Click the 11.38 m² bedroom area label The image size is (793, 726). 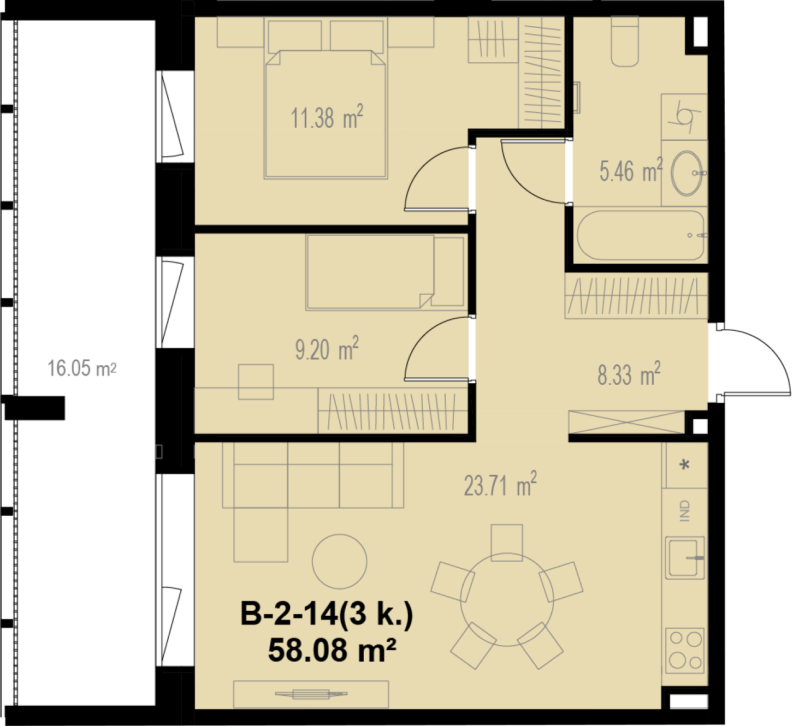(327, 117)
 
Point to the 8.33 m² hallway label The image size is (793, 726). (629, 373)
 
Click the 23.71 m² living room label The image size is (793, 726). (500, 484)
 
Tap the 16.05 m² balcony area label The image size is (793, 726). (82, 368)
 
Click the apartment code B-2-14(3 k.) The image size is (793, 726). (327, 614)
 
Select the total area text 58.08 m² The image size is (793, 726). (332, 651)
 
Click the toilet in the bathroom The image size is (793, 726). (625, 41)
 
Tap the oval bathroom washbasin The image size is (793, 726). (687, 173)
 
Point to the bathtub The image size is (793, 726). (641, 235)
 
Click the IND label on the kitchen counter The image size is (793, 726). (685, 511)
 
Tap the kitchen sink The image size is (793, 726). (685, 558)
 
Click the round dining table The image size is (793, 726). (507, 599)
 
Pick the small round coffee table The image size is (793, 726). (339, 562)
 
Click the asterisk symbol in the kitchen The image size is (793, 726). (685, 465)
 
